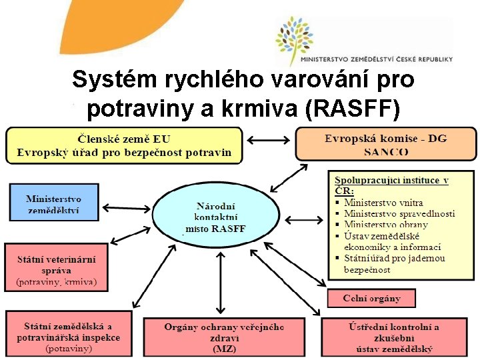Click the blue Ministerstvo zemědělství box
click(x=54, y=203)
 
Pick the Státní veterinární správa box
click(x=56, y=267)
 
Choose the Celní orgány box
click(x=371, y=298)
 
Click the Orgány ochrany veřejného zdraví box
click(x=224, y=336)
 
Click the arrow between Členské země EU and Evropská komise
click(x=269, y=140)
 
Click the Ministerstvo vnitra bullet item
click(x=383, y=203)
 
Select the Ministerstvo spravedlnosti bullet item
click(x=399, y=213)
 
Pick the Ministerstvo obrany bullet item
click(x=386, y=225)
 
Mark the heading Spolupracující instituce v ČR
click(x=391, y=185)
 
